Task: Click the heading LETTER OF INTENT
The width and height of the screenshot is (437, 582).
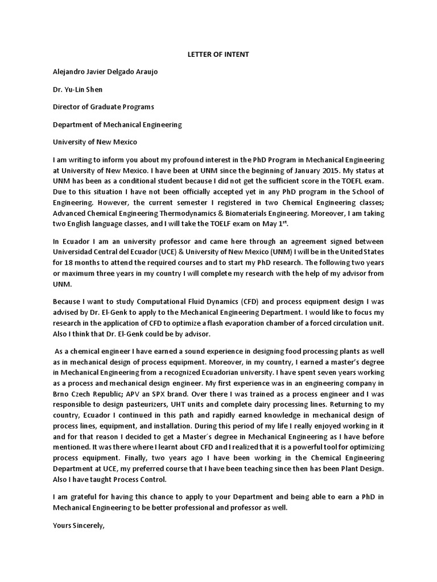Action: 218,55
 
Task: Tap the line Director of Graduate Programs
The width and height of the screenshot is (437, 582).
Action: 103,107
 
